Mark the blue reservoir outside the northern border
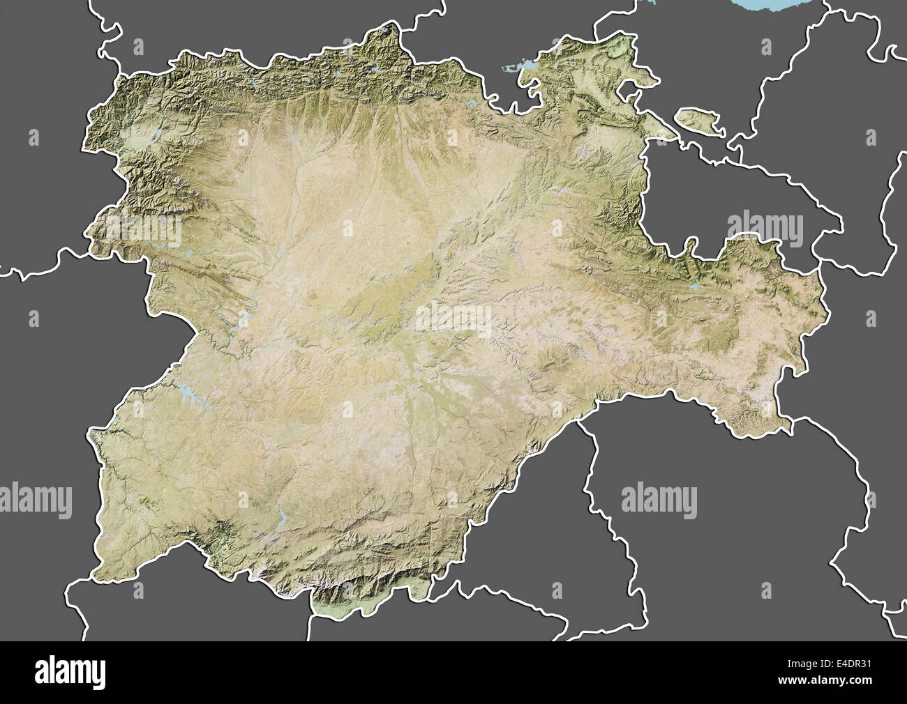518,68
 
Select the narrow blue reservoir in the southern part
282,516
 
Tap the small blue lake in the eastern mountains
694,286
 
